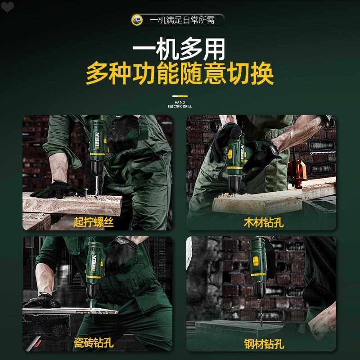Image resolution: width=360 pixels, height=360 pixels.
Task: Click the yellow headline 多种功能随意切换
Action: (180, 74)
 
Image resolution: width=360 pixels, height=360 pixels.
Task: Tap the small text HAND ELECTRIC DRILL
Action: (180, 105)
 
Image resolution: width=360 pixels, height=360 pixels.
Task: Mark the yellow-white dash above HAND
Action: (180, 96)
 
